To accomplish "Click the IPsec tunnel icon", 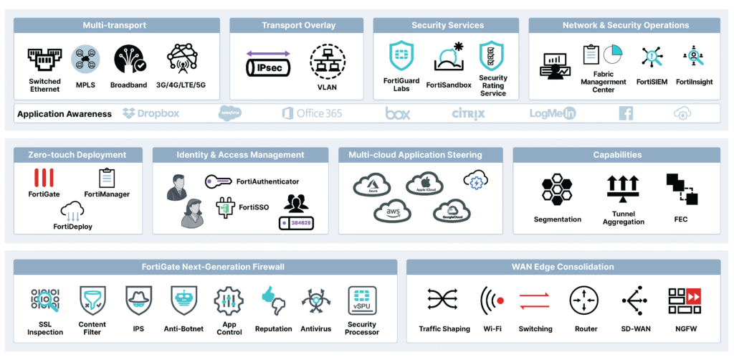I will pos(269,64).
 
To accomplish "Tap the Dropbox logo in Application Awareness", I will pos(151,113).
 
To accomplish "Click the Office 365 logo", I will pos(312,113).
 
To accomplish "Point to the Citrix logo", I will pos(468,113).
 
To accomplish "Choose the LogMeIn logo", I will pos(553,113).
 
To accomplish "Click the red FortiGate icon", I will pos(44,177).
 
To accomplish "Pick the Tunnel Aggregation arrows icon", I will pos(623,188).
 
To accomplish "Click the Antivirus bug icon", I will pos(316,301).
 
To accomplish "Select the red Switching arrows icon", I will pos(535,301).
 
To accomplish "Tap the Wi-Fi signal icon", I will pos(492,300).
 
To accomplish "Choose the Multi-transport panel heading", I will pos(115,26).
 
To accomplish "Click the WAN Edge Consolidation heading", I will pos(563,267).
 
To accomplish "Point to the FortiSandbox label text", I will pos(449,85).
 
